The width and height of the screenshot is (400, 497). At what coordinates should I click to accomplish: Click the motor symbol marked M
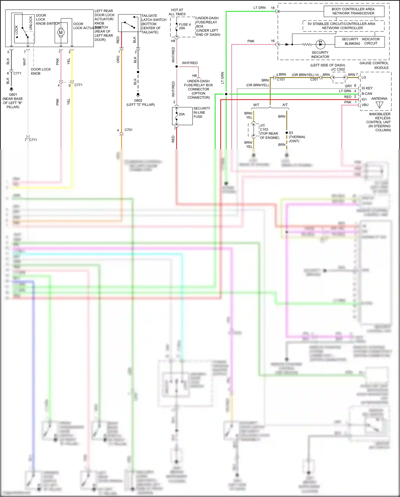61,32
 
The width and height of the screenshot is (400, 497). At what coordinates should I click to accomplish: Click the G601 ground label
13,95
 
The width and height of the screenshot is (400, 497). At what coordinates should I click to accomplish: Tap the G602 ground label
138,100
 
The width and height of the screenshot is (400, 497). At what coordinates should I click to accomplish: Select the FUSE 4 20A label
185,26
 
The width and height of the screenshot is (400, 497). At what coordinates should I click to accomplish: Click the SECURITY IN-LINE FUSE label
202,112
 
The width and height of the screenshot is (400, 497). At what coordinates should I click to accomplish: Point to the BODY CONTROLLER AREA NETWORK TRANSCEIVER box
354,11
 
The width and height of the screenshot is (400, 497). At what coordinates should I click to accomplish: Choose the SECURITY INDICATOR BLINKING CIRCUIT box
360,41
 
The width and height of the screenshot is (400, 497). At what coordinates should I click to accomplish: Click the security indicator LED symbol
320,44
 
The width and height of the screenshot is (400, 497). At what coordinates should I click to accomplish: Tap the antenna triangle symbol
379,105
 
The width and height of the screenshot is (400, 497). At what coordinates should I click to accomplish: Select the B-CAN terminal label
367,94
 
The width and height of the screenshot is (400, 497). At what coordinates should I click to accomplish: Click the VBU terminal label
365,105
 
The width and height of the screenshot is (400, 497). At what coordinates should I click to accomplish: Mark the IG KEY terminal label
367,88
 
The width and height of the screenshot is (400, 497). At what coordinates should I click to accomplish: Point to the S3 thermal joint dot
287,133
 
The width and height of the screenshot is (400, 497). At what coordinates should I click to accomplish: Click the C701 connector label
129,130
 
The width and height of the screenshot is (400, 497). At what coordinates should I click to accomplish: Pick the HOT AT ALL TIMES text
177,12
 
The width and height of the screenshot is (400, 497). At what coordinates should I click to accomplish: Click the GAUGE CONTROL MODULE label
374,65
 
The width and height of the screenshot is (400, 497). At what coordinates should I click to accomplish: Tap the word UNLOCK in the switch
31,23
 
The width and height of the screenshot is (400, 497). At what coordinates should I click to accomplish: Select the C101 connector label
281,80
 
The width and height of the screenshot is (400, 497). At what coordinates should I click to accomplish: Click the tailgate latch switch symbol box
129,23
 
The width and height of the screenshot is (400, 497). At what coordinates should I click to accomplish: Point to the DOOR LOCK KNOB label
41,71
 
